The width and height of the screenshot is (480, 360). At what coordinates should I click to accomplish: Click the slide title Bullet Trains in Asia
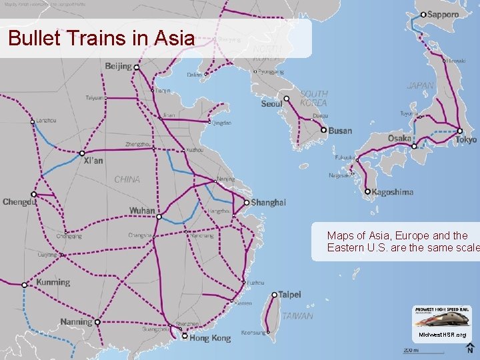point(101,38)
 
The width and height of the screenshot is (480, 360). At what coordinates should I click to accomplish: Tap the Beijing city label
point(118,66)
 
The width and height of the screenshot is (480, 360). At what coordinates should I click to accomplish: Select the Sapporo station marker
point(423,14)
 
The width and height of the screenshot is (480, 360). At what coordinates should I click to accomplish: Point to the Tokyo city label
point(467,140)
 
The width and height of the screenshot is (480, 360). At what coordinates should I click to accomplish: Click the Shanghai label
point(269,203)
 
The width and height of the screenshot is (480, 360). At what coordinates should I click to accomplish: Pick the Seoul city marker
point(287,99)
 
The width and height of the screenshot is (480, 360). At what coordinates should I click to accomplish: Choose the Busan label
point(340,131)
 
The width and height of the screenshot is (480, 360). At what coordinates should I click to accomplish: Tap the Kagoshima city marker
point(367,192)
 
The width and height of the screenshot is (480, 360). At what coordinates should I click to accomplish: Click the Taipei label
point(289,294)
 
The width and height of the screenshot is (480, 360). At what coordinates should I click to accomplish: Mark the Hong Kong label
point(210,338)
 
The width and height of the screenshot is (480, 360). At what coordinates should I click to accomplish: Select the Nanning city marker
point(97,322)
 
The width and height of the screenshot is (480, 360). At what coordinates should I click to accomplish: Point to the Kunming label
point(53,282)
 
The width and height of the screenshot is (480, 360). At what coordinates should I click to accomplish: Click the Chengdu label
point(19,202)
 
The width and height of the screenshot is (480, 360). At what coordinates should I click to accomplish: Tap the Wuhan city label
point(141,211)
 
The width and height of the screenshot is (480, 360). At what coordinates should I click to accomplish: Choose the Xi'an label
point(93,161)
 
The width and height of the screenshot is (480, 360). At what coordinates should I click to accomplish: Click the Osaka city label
point(399,139)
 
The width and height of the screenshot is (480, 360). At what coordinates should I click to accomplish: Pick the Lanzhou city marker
point(33,121)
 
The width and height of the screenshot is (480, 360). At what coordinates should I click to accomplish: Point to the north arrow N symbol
point(470,349)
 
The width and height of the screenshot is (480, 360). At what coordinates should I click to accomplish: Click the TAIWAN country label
point(297,316)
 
